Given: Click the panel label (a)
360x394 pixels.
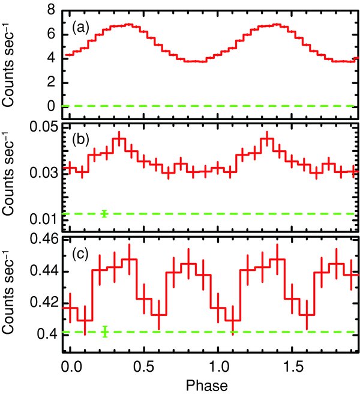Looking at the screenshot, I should (81, 27).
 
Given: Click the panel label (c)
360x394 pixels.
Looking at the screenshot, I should (81, 253).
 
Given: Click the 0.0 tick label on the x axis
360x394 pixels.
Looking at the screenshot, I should (70, 365).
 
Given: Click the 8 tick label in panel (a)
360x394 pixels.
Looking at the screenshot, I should (53, 11).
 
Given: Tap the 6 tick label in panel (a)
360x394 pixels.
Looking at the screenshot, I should (53, 34).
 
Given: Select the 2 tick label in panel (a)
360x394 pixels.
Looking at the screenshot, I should (53, 82).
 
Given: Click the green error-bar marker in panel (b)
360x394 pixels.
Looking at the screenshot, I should (105, 213).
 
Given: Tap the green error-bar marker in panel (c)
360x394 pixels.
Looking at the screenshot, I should (105, 332).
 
